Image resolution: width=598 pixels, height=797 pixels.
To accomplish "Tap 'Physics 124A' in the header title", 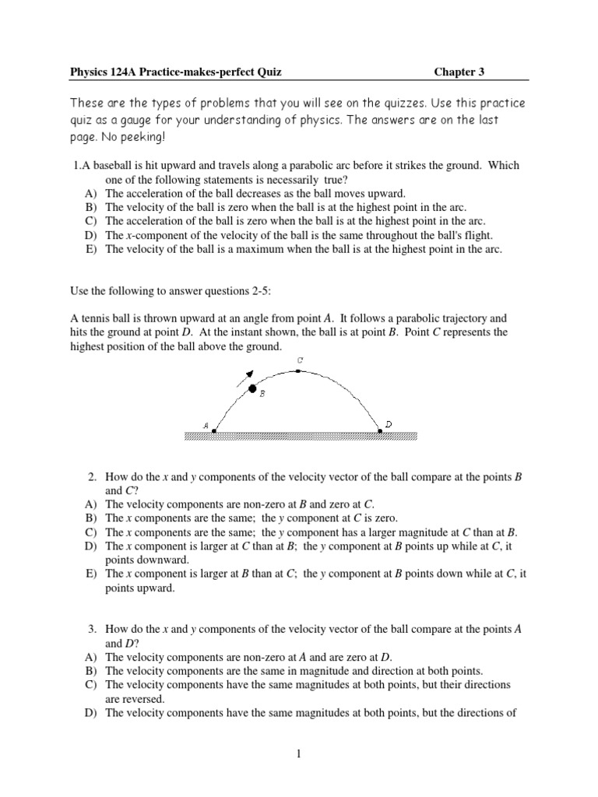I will point(99,72).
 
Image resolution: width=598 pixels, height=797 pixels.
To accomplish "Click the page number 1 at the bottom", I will point(298,764).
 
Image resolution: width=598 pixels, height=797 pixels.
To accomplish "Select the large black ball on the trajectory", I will point(252,388).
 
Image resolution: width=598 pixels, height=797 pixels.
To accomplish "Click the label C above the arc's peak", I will point(300,360).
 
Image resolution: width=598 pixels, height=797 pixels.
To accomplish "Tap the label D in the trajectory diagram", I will point(389,424).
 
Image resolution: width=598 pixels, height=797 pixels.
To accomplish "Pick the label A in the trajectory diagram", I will point(206,426).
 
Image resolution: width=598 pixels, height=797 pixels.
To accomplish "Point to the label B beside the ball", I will point(262,395).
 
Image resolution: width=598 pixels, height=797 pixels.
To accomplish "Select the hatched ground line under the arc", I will point(300,436).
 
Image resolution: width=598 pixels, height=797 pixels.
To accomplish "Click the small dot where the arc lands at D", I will point(380,430).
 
